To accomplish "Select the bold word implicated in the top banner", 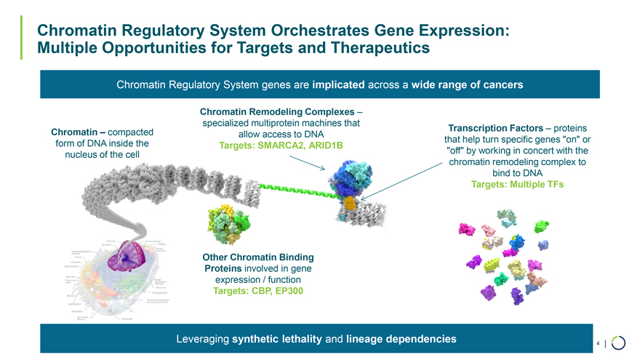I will [338, 85].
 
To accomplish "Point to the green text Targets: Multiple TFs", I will [517, 185].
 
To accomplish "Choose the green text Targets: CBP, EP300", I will [258, 292].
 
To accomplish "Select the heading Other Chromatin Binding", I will [258, 257].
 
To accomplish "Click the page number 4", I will [597, 342].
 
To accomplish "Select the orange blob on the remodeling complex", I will [351, 204].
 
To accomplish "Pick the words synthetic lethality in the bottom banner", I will [277, 339].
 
